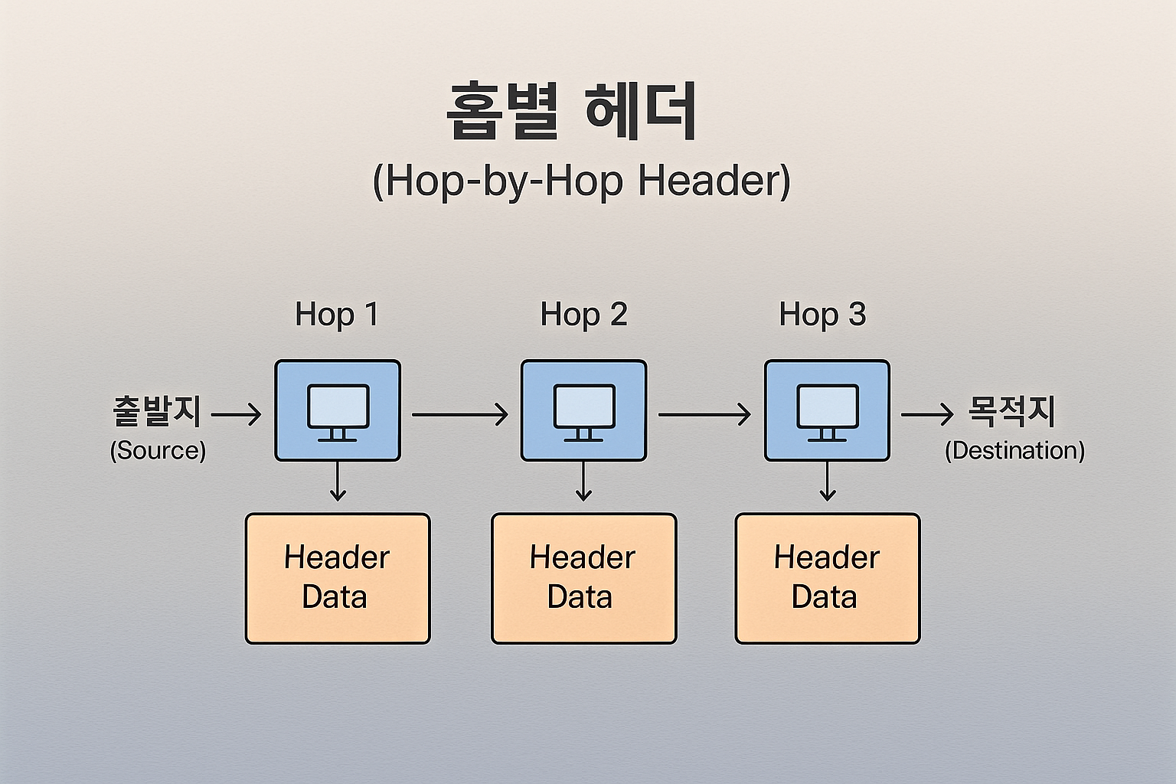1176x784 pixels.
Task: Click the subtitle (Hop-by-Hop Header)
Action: click(581, 181)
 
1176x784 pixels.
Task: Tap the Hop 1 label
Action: click(337, 315)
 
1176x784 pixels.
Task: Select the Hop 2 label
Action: click(583, 315)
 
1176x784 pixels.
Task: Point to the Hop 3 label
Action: click(822, 315)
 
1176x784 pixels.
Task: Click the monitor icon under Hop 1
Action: click(338, 411)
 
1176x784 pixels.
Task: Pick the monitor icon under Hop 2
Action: click(584, 411)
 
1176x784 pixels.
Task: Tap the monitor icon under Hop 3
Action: click(828, 411)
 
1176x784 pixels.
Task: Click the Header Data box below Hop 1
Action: click(338, 578)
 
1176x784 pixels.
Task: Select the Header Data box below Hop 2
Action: click(584, 578)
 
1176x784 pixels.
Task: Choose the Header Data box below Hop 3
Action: click(828, 578)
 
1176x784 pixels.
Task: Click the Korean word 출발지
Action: click(157, 411)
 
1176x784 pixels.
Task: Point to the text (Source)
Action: click(158, 450)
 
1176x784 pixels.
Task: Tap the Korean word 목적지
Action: click(1012, 411)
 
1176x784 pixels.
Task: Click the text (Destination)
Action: click(1014, 450)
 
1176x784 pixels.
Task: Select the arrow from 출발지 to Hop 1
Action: click(236, 415)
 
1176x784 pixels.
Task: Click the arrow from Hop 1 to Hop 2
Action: click(459, 415)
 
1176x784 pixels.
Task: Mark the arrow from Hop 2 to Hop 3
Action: click(704, 415)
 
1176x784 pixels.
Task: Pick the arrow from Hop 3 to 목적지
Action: click(927, 415)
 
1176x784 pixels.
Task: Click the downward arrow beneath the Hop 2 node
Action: click(584, 482)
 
